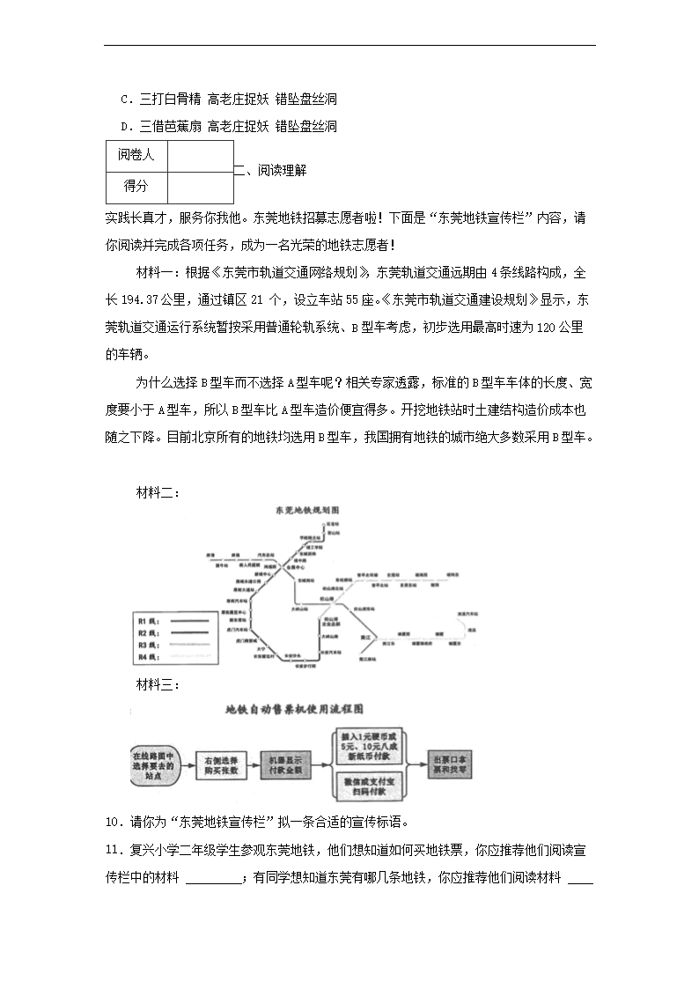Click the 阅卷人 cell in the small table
click(x=136, y=155)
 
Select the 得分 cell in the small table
click(x=136, y=186)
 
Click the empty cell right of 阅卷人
click(x=200, y=155)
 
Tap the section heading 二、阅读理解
click(x=270, y=172)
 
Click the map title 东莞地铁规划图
click(x=307, y=510)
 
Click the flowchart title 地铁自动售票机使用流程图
click(x=295, y=707)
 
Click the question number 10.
click(x=112, y=823)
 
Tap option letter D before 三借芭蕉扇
click(x=124, y=127)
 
